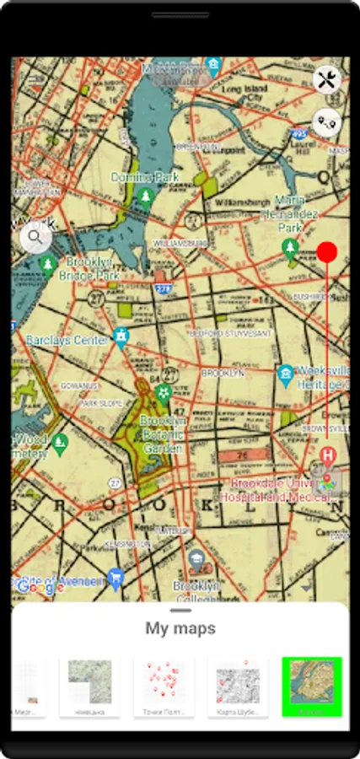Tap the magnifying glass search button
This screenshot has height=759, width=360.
coord(35,237)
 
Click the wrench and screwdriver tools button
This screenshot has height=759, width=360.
coord(326,81)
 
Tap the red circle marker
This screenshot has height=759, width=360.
coord(327,251)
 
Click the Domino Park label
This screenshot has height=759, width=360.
coord(145,178)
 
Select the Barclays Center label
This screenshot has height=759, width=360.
coord(68,340)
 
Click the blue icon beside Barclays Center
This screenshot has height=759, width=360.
coord(121,337)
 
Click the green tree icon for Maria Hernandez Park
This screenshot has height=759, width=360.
coord(290,246)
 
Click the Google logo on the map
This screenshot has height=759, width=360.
coord(35,587)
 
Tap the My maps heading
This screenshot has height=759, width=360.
coord(180,628)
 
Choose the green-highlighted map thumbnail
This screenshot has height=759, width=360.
coord(311,686)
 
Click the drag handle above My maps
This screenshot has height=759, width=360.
coord(180,610)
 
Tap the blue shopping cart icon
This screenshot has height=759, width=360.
coord(116,579)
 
